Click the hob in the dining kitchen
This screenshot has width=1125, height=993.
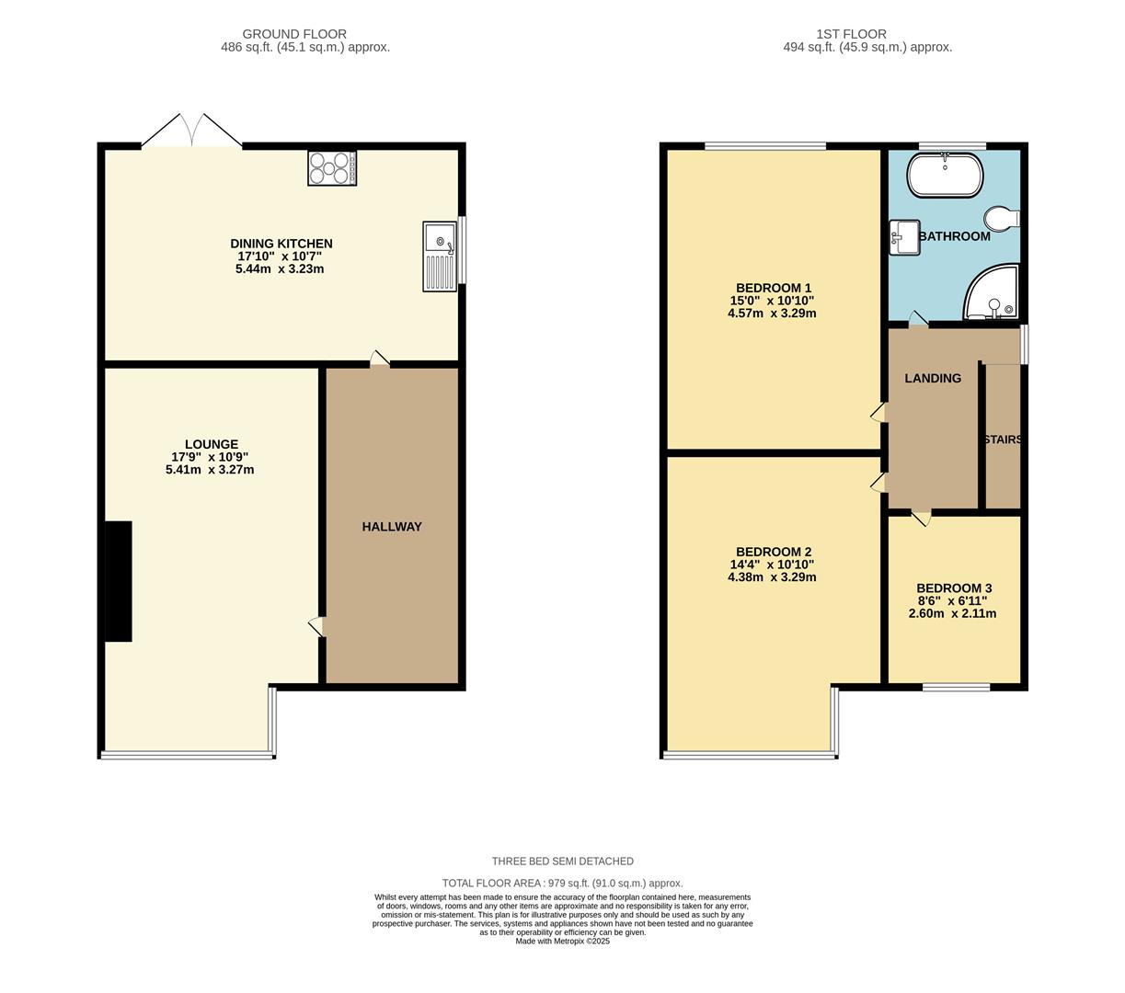pyautogui.click(x=332, y=168)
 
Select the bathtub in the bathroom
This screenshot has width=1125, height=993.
pyautogui.click(x=945, y=176)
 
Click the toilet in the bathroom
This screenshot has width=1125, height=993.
pyautogui.click(x=1000, y=219)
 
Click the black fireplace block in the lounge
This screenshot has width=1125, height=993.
pyautogui.click(x=118, y=581)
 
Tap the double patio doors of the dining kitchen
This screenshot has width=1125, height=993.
pyautogui.click(x=191, y=131)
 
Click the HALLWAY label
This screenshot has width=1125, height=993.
pyautogui.click(x=392, y=527)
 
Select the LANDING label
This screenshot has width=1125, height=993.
pyautogui.click(x=933, y=378)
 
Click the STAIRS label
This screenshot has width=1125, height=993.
pyautogui.click(x=1002, y=439)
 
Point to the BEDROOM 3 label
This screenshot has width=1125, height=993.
pyautogui.click(x=954, y=588)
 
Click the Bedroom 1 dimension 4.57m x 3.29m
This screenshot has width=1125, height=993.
pyautogui.click(x=772, y=313)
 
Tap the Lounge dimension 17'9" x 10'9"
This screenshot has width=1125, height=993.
pyautogui.click(x=210, y=457)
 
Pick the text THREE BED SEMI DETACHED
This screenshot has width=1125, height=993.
pyautogui.click(x=562, y=862)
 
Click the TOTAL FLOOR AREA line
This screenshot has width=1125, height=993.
pyautogui.click(x=562, y=883)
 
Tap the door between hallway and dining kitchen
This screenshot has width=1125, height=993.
pyautogui.click(x=379, y=359)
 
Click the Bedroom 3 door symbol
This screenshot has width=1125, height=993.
pyautogui.click(x=921, y=518)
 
